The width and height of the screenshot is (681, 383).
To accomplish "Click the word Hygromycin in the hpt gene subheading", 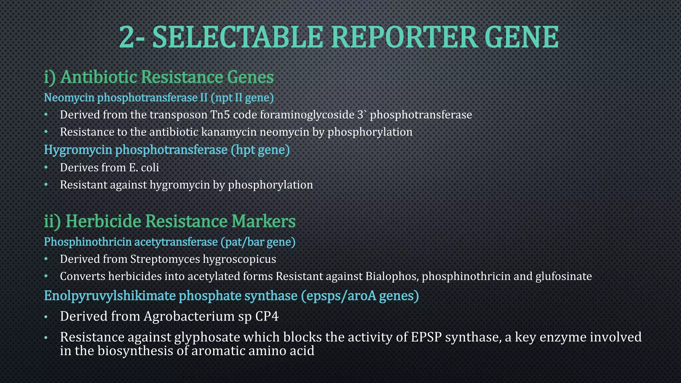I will [78, 150].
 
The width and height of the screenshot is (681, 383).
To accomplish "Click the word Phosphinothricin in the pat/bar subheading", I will [87, 242].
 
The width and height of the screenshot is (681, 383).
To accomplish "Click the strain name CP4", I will [267, 316].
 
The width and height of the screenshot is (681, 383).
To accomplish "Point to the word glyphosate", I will [207, 337].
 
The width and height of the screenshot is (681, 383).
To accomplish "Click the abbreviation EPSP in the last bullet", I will [426, 337].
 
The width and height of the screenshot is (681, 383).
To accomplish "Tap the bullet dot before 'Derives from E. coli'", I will [46, 167].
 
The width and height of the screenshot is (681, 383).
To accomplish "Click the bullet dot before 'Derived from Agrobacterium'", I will [46, 317].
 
